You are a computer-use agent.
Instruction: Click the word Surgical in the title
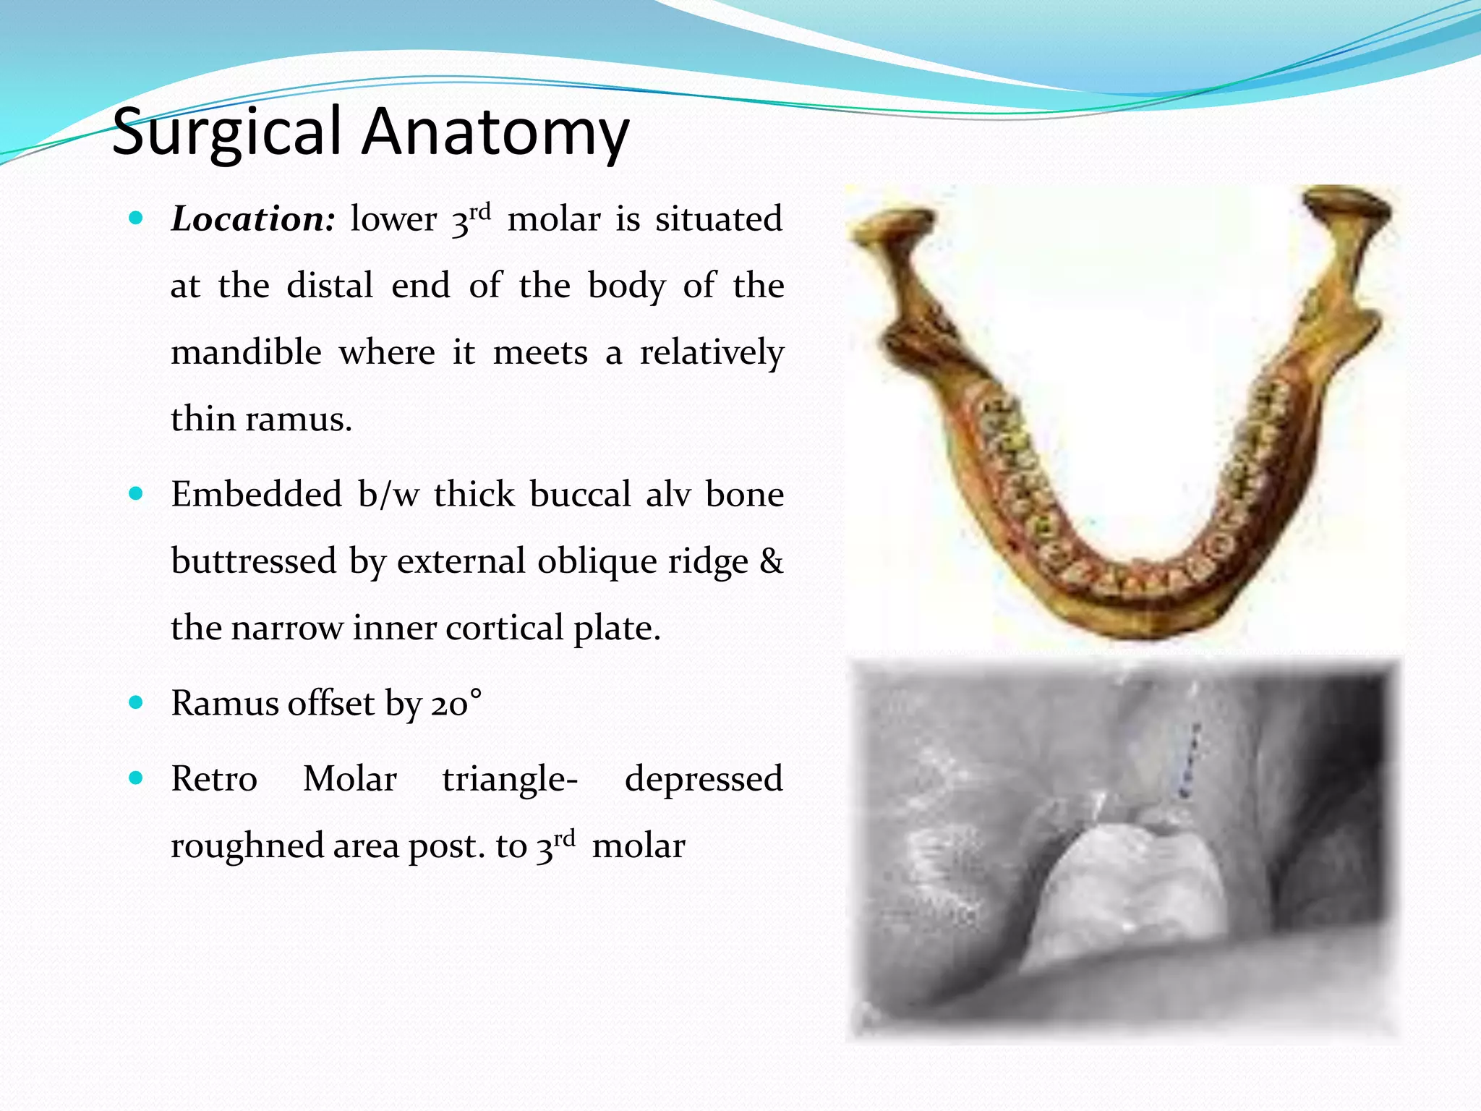pyautogui.click(x=226, y=133)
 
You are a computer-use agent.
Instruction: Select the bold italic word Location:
pyautogui.click(x=253, y=219)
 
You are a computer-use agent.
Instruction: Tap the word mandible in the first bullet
pyautogui.click(x=246, y=353)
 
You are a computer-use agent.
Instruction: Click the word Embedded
pyautogui.click(x=256, y=495)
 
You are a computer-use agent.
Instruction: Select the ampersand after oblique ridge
pyautogui.click(x=771, y=561)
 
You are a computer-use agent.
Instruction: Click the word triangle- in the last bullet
pyautogui.click(x=510, y=780)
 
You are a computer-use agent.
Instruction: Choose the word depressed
pyautogui.click(x=704, y=779)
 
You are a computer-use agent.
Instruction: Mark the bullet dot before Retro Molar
pyautogui.click(x=136, y=778)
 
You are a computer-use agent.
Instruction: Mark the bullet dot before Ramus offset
pyautogui.click(x=136, y=702)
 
